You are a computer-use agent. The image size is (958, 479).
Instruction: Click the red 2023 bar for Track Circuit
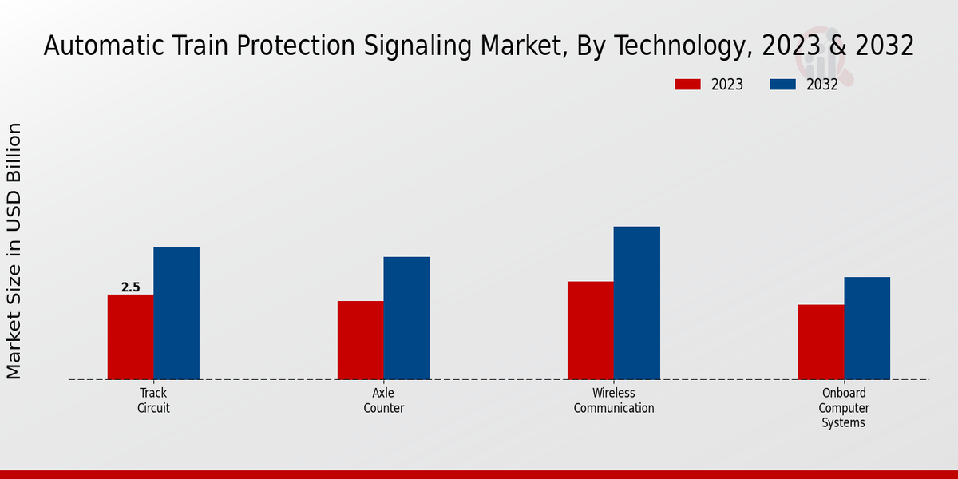[x=130, y=337]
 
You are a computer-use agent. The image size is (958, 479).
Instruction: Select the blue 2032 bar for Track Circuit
[x=176, y=313]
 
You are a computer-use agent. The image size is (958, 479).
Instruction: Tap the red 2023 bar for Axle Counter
[x=360, y=340]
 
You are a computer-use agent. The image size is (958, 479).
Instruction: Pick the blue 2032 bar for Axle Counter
[x=406, y=318]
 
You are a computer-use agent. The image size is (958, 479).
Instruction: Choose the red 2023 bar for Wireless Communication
[x=591, y=331]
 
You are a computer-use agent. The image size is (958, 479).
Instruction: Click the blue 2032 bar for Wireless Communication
[x=637, y=303]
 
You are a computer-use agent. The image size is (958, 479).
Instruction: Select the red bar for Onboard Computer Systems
[x=821, y=342]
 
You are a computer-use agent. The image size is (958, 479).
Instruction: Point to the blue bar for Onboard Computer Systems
[x=867, y=328]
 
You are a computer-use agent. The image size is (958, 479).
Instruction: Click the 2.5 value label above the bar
[x=130, y=287]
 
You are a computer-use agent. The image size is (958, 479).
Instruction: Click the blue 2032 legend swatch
[x=782, y=85]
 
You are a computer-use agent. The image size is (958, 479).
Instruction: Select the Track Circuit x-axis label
[x=153, y=401]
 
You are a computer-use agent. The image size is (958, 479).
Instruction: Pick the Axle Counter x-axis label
[x=384, y=401]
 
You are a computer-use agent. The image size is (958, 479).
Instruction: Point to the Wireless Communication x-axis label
[x=614, y=401]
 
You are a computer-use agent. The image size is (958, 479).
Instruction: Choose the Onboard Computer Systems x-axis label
[x=844, y=408]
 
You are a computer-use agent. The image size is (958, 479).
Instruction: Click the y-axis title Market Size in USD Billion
[x=14, y=251]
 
